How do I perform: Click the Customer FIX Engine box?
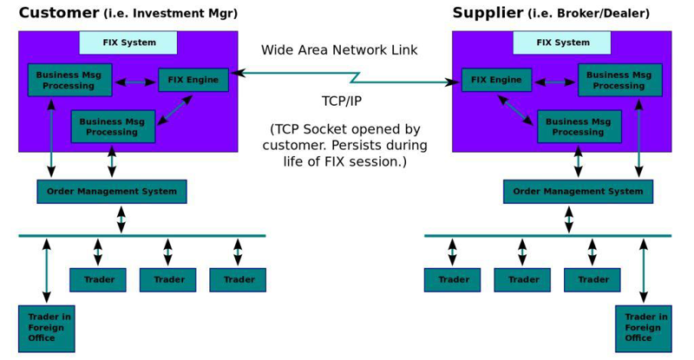[193, 80]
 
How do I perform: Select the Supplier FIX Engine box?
[496, 80]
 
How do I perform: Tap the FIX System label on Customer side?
[128, 43]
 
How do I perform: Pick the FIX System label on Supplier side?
[562, 43]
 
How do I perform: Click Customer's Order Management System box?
[112, 192]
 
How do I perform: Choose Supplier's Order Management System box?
[578, 192]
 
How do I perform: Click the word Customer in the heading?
[57, 13]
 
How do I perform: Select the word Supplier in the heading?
[487, 13]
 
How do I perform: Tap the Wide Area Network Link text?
[339, 50]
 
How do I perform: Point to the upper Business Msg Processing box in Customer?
[69, 80]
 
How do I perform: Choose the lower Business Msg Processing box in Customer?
[112, 127]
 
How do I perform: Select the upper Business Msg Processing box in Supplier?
[619, 80]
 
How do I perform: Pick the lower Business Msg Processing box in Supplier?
[579, 127]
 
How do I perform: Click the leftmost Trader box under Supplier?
[452, 280]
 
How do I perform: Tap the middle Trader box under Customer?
[167, 280]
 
